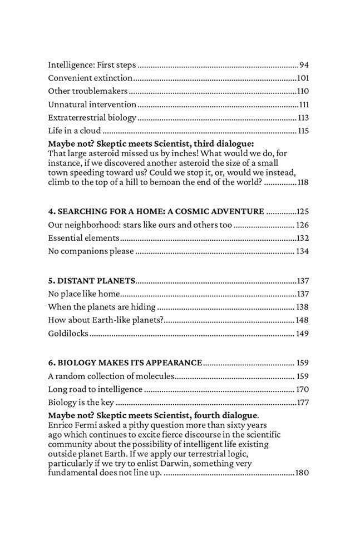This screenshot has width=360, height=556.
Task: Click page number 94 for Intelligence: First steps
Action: coord(304,64)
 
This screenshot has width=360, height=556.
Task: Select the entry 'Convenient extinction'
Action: coord(90,78)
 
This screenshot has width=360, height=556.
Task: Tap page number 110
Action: coord(303,91)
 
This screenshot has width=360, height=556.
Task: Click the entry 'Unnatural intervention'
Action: coord(92,105)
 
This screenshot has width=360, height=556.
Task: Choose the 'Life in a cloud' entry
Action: coord(75,131)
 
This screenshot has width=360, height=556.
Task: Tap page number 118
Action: coord(303,182)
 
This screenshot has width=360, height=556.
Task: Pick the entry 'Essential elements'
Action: coord(83,238)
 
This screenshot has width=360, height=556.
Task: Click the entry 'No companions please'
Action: coord(91,251)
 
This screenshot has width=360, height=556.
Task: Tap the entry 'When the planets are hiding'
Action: coord(102,307)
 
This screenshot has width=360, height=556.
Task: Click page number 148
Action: coord(303,320)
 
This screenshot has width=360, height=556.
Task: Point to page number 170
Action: coord(303,390)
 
